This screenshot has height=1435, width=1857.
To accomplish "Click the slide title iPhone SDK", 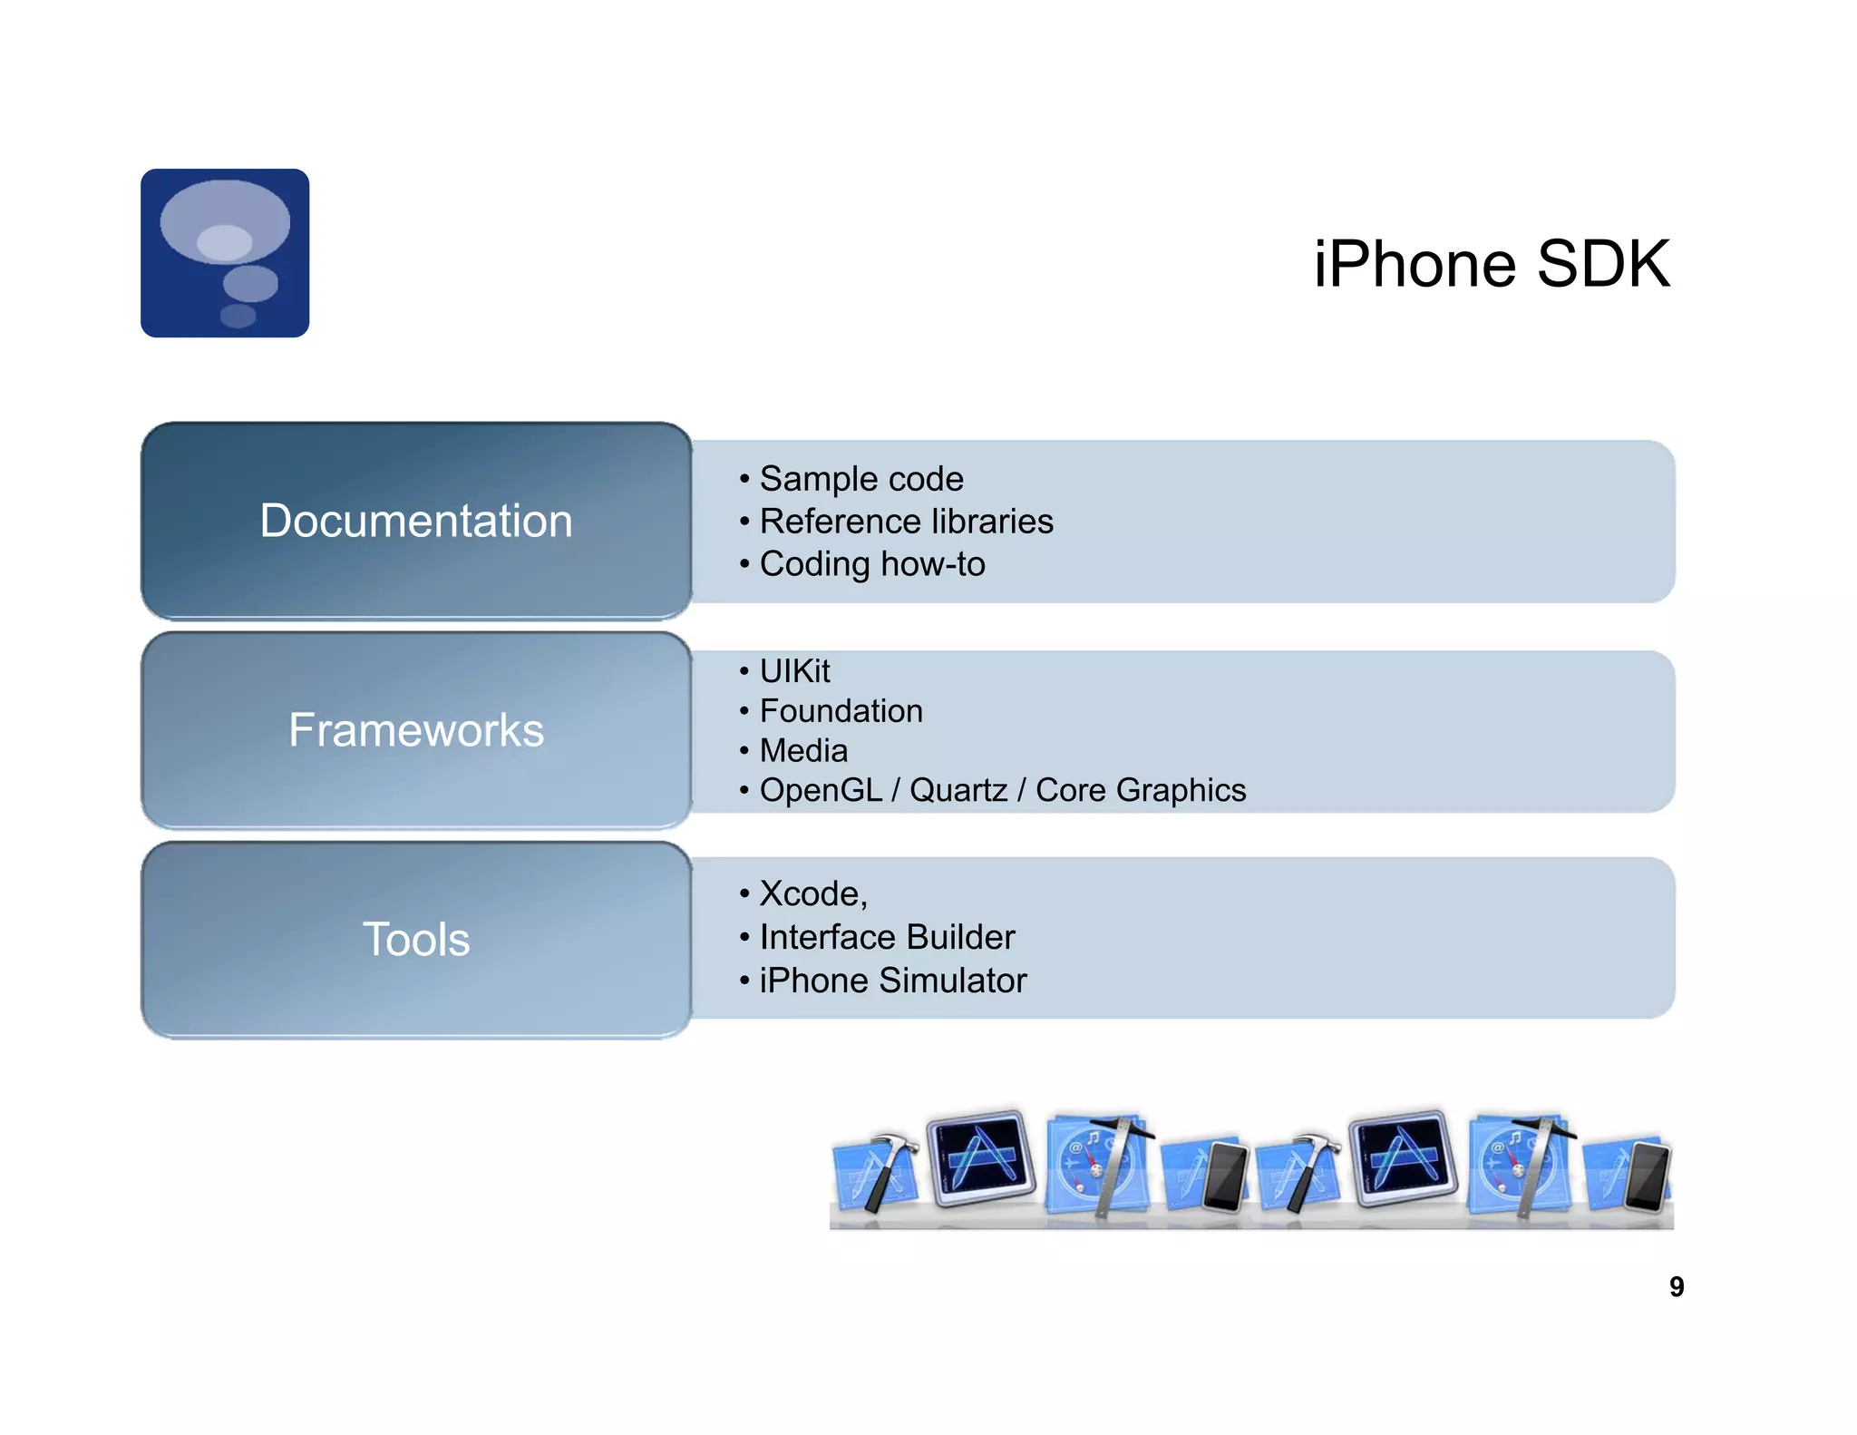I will click(1492, 264).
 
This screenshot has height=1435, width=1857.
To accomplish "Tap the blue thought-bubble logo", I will click(225, 253).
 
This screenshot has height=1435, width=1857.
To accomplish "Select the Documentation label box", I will click(416, 521).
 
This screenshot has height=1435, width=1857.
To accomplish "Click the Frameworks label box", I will click(416, 730).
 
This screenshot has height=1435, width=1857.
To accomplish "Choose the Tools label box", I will click(416, 939).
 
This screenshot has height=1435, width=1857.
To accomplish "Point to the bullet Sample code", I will click(860, 479).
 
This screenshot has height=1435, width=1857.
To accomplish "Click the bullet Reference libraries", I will click(906, 522).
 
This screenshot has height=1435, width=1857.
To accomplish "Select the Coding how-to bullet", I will click(871, 564).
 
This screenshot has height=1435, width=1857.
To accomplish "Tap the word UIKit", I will click(794, 671).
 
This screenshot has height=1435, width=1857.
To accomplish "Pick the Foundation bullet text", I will click(841, 711).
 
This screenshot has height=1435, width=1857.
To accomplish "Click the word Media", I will click(803, 751).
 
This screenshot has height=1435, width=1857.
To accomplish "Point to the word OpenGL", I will click(821, 790).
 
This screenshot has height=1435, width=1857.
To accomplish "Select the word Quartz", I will click(958, 790).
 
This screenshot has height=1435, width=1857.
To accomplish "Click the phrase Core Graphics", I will click(1141, 790).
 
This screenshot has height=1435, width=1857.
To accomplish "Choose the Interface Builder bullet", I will click(887, 937).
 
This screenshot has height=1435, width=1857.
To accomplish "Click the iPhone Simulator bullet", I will click(892, 981).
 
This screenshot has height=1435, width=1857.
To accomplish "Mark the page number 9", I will click(1677, 1286).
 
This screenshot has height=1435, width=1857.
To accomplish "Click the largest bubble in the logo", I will click(225, 222).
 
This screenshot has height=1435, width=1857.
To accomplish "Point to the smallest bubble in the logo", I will click(238, 316).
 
